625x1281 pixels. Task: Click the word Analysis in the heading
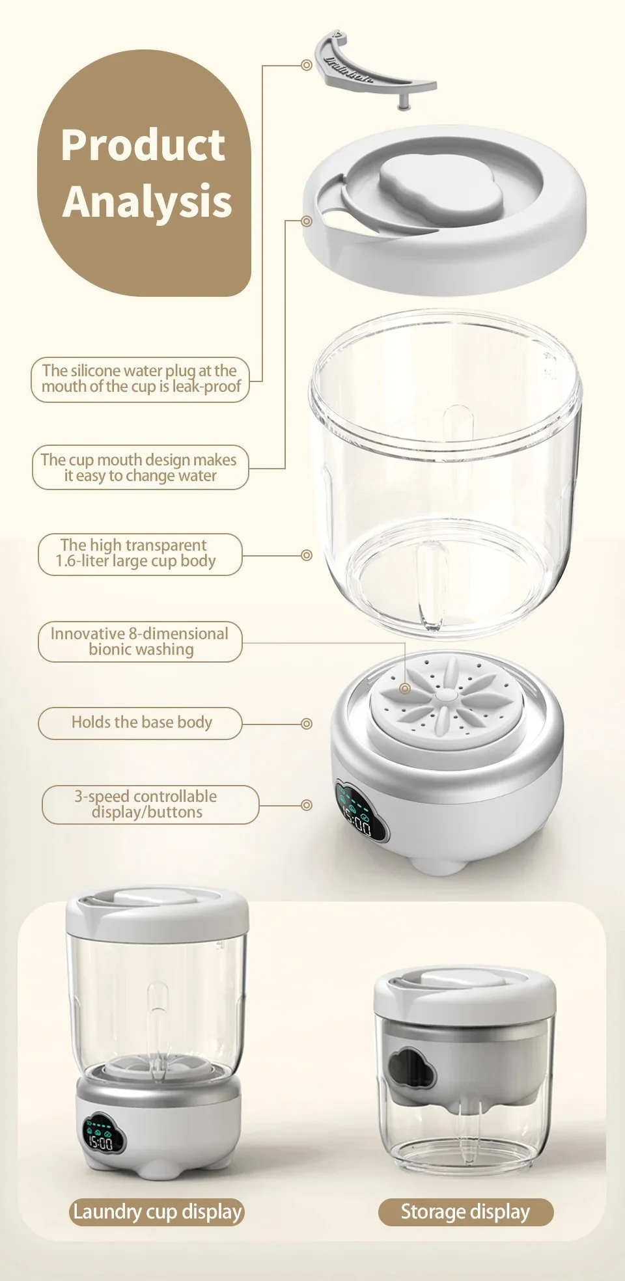147,201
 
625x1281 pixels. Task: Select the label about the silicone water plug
141,379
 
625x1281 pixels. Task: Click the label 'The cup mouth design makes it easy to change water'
141,467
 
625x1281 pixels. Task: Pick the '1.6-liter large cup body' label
139,554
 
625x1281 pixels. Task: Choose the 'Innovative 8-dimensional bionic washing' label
139,642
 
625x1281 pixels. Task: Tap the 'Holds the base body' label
141,723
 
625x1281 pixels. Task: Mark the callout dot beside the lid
308,221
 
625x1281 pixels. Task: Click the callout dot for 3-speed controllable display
307,805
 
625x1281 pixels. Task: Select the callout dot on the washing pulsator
406,688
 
